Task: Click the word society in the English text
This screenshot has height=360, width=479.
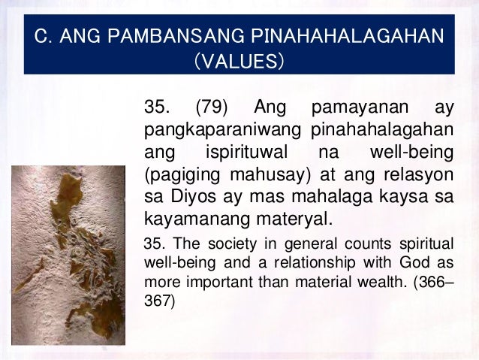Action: [x=223, y=244]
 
